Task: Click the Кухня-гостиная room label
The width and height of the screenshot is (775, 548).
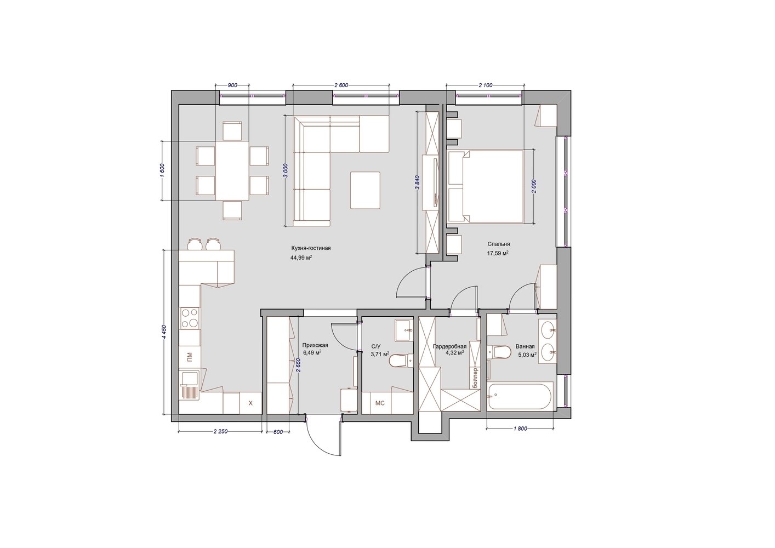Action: [x=311, y=248]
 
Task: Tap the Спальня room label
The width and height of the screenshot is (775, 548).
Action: [x=498, y=244]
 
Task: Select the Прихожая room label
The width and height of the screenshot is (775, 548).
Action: [x=315, y=345]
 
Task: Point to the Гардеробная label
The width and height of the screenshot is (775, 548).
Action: [x=450, y=346]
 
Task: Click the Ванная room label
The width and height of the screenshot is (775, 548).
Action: [x=525, y=346]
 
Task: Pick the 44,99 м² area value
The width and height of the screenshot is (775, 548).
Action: [x=301, y=258]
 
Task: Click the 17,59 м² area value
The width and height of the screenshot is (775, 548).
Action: [x=498, y=253]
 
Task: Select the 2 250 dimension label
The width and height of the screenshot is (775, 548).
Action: [x=220, y=431]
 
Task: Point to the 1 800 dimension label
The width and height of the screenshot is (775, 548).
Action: [x=520, y=429]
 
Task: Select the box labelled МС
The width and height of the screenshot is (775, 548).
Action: [x=380, y=403]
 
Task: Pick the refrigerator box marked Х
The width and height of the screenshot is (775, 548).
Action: [x=251, y=403]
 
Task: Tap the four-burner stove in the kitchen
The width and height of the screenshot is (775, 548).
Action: [x=190, y=318]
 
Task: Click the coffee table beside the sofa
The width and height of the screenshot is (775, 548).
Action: [x=365, y=190]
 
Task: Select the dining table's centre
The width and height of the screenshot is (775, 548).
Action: [x=232, y=170]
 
